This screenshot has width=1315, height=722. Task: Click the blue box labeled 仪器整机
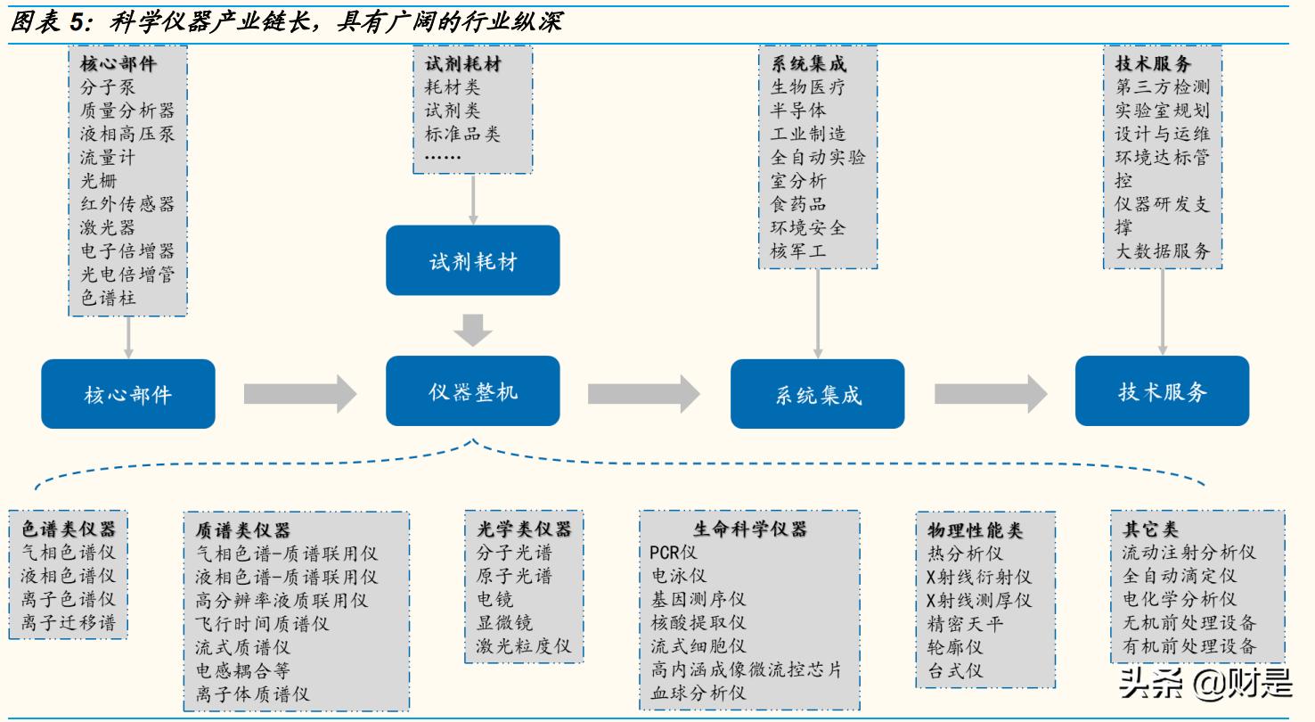coord(472,391)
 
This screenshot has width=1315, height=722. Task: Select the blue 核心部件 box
coord(127,394)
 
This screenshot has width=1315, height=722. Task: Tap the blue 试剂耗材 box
coord(472,261)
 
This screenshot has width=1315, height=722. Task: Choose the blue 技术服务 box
coord(1162,391)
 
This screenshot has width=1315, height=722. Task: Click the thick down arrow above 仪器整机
coord(472,328)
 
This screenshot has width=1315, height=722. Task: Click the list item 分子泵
coord(107,87)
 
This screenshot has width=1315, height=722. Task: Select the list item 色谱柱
coord(108,298)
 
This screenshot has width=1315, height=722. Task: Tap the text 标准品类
coord(462,134)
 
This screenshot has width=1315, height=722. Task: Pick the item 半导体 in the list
coord(797,111)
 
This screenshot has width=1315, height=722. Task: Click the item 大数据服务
coord(1163,251)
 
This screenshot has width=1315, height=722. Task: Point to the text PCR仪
coord(674,553)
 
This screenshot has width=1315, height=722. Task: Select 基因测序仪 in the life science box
coord(698,599)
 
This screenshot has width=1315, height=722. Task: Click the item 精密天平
coord(965,622)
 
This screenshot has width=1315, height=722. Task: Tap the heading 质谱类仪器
coord(242,530)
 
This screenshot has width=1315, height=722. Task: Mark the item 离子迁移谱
coord(68,622)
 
